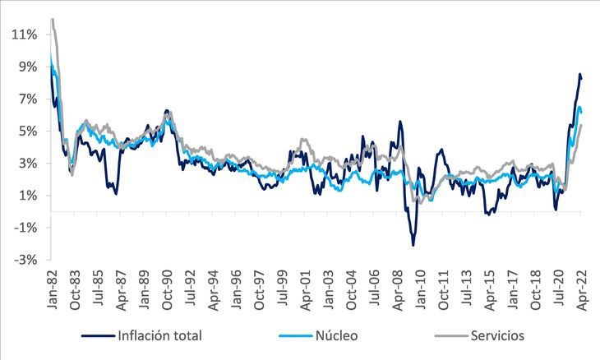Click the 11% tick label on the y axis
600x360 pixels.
pyautogui.click(x=24, y=35)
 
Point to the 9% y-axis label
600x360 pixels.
pyautogui.click(x=28, y=67)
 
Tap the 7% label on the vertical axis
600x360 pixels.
pyautogui.click(x=28, y=99)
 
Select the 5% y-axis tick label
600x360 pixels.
pyautogui.click(x=28, y=132)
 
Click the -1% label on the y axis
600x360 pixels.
pyautogui.click(x=25, y=228)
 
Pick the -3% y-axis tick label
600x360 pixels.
pyautogui.click(x=25, y=260)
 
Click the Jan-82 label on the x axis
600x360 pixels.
pyautogui.click(x=51, y=289)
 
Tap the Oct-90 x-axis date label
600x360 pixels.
pyautogui.click(x=167, y=289)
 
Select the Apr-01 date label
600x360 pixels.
pyautogui.click(x=305, y=290)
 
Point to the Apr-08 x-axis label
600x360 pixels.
pyautogui.click(x=397, y=290)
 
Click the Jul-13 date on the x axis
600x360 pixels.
pyautogui.click(x=466, y=288)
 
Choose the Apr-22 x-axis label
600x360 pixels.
pyautogui.click(x=582, y=290)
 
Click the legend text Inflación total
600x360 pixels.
pyautogui.click(x=159, y=335)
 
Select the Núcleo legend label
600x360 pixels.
pyautogui.click(x=337, y=335)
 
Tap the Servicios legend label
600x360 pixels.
pyautogui.click(x=497, y=335)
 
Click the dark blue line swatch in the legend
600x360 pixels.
pyautogui.click(x=98, y=336)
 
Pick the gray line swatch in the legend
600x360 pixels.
pyautogui.click(x=451, y=336)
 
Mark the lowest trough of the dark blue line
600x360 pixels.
pyautogui.click(x=413, y=245)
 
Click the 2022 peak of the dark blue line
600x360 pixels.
pyautogui.click(x=579, y=74)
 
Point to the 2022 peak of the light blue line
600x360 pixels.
pyautogui.click(x=579, y=107)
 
